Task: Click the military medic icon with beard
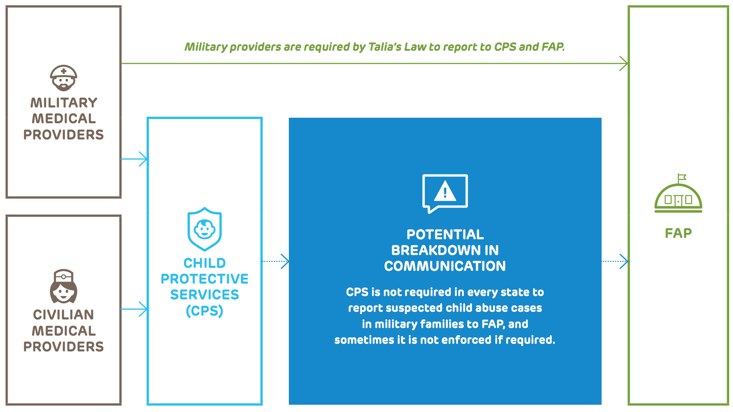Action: (x=64, y=78)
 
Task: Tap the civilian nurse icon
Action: (x=64, y=286)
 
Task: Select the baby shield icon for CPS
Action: (x=205, y=229)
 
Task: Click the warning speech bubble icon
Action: (x=445, y=193)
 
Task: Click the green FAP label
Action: (x=678, y=233)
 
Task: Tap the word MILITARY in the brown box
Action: (x=64, y=103)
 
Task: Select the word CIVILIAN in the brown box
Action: (x=64, y=315)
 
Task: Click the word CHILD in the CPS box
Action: (x=205, y=263)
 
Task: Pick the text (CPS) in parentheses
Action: (x=205, y=311)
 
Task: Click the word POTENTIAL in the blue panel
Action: (x=445, y=235)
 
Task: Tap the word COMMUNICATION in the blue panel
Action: (x=445, y=266)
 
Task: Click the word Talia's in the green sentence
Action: (x=385, y=47)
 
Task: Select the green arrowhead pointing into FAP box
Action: (x=624, y=64)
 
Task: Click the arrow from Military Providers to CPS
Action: (x=134, y=159)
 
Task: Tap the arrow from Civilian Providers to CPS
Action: (x=134, y=309)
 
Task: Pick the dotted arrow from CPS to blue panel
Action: (x=276, y=261)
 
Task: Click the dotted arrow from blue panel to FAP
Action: (x=615, y=261)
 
